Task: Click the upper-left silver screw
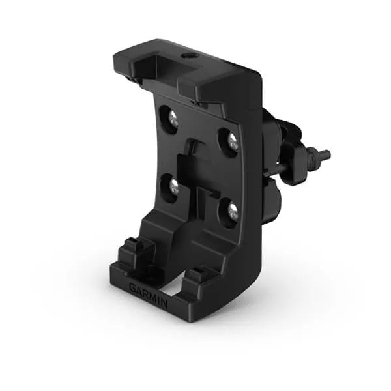[172, 119]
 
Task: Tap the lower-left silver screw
[174, 187]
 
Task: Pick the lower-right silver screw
[232, 212]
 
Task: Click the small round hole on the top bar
[190, 57]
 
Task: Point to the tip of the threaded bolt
[326, 155]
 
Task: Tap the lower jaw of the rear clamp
[272, 192]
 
